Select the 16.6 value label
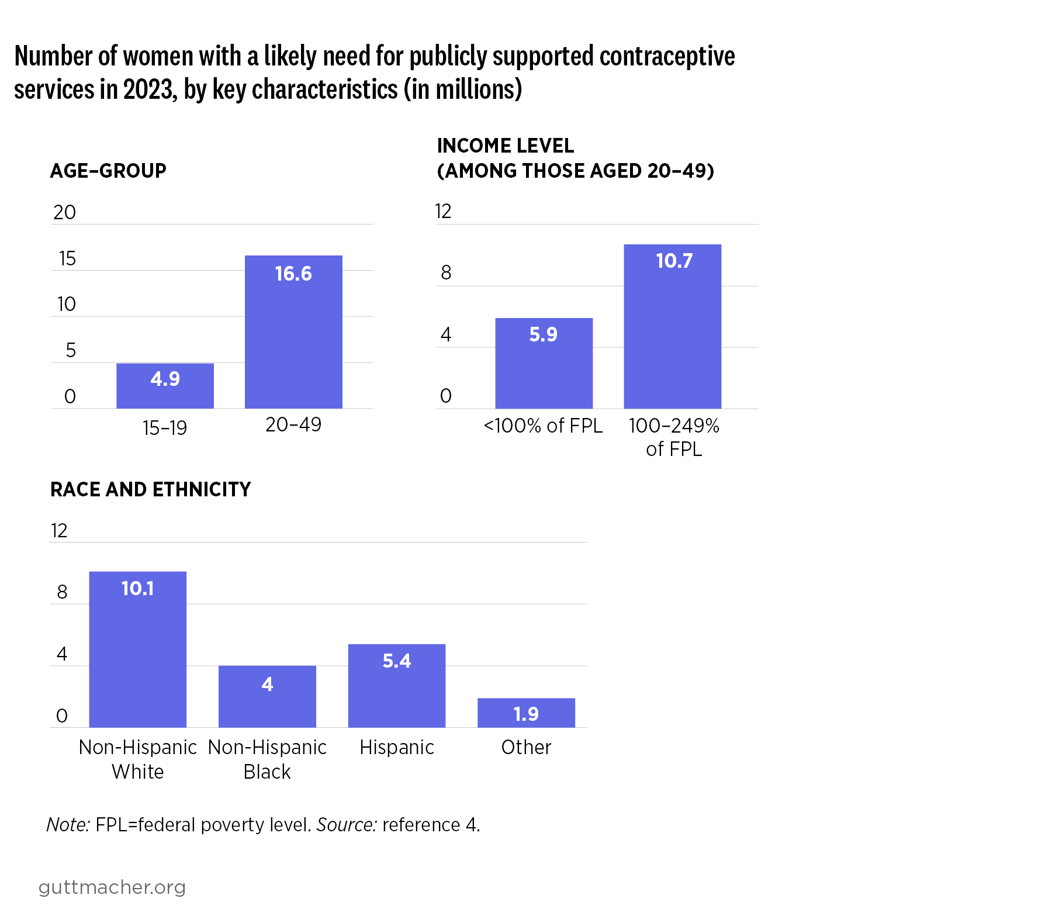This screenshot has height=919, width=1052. pos(293,274)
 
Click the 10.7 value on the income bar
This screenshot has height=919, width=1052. pos(674,261)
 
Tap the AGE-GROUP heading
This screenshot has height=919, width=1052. pos(108,171)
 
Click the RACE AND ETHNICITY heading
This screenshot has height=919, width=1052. pos(151,489)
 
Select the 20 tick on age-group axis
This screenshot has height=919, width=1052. pos(64,212)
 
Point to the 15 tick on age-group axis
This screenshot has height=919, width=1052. pos(67,258)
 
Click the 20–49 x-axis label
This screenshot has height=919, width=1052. pos(293,425)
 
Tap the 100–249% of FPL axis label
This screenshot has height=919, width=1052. pos(674,437)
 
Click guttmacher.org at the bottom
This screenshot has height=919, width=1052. pos(112,887)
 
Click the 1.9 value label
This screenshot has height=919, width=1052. pos(526,714)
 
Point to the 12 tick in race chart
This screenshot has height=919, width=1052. pos(59,531)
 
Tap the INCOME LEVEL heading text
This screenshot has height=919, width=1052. pos(506,146)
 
